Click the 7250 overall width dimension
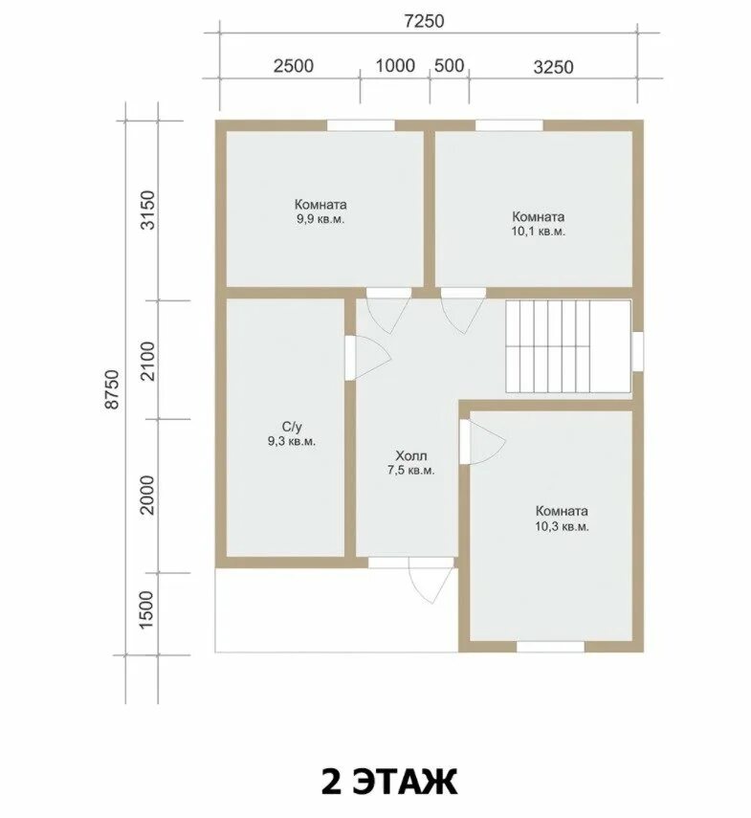pos(424,21)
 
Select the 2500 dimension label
pos(294,66)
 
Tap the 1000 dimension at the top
pos(395,66)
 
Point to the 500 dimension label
pos(449,66)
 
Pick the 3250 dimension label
pos(553,67)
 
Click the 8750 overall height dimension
pos(113,389)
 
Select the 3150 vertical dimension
pos(148,210)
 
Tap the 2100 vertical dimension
pos(148,361)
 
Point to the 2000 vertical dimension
pos(148,495)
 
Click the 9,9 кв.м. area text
pos(320,219)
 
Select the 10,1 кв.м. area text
pos(539,232)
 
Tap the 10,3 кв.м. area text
pos(563,526)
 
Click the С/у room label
pos(292,428)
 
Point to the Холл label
pos(411,456)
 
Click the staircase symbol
pos(568,346)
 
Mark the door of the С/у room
pos(367,358)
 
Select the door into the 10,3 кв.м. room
pos(482,442)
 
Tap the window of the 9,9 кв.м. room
pos(361,125)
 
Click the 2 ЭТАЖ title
pos(389,782)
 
